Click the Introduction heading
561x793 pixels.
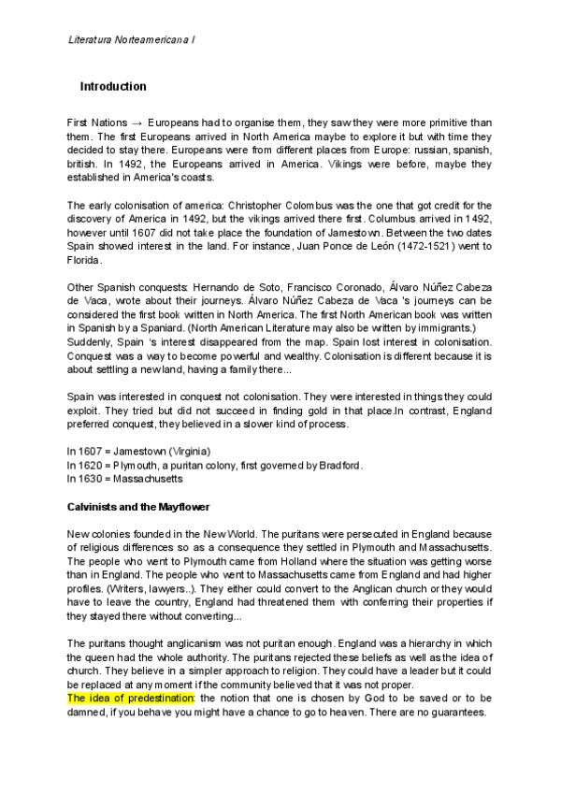click(113, 87)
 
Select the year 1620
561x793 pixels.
click(92, 465)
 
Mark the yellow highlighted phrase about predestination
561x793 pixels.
click(131, 699)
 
